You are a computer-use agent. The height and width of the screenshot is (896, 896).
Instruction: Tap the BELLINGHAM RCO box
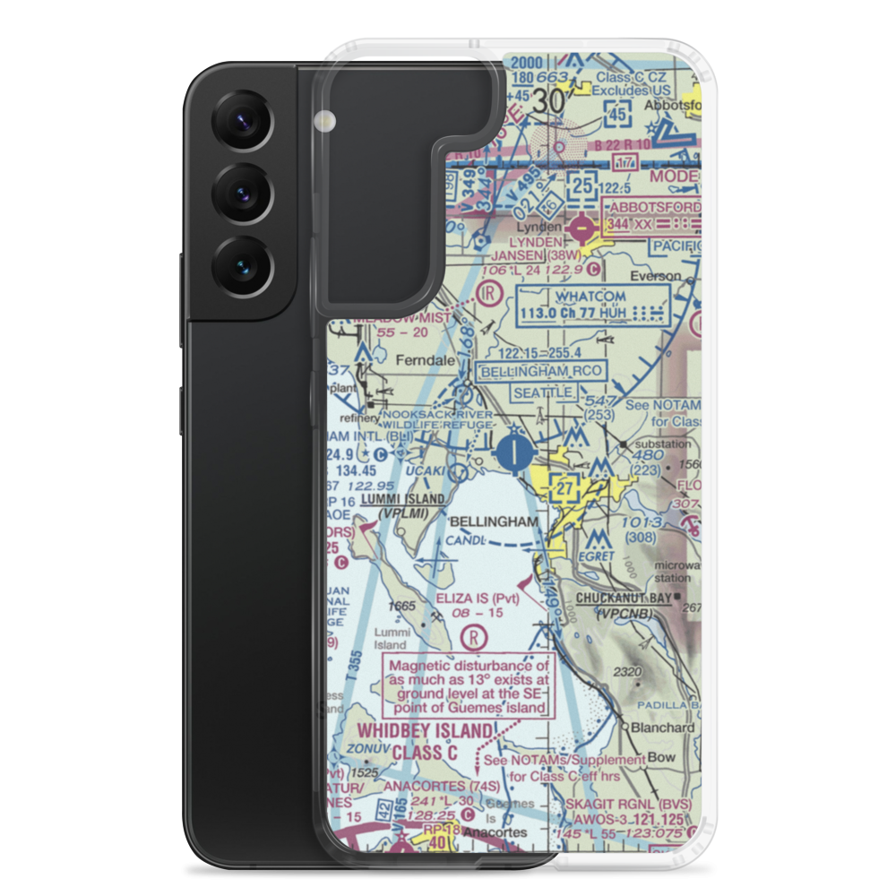pyautogui.click(x=542, y=371)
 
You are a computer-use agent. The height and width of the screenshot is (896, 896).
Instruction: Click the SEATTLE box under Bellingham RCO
pyautogui.click(x=542, y=392)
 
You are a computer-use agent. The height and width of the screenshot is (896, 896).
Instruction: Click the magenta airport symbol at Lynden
pyautogui.click(x=582, y=230)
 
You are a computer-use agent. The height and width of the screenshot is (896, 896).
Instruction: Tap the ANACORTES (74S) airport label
pyautogui.click(x=435, y=787)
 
